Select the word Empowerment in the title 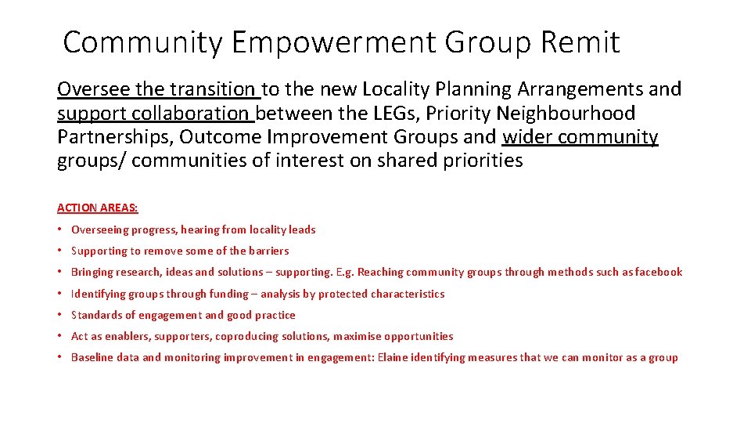(332, 42)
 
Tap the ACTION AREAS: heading (98, 208)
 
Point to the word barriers (268, 251)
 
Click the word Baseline (93, 358)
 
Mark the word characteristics (407, 295)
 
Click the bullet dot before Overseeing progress (60, 230)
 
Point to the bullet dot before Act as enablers (60, 337)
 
